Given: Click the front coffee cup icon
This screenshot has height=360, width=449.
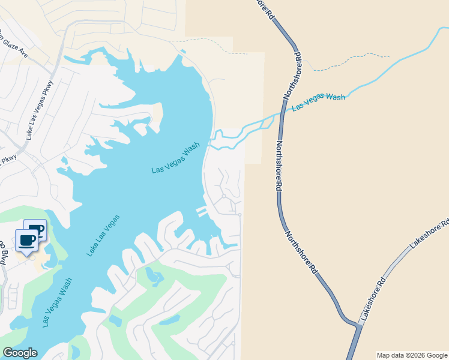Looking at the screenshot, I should pyautogui.click(x=26, y=241).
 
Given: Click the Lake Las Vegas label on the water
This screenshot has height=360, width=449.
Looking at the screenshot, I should pyautogui.click(x=103, y=235).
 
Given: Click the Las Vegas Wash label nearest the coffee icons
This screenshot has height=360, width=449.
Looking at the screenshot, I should pyautogui.click(x=58, y=302).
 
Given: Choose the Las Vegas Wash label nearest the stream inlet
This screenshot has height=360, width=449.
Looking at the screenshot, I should pyautogui.click(x=175, y=158).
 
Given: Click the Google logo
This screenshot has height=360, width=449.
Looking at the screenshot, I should pyautogui.click(x=20, y=353).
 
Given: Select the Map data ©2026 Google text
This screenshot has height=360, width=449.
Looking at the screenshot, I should pyautogui.click(x=412, y=355).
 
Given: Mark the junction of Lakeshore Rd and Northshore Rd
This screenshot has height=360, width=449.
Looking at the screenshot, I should pyautogui.click(x=358, y=326).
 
